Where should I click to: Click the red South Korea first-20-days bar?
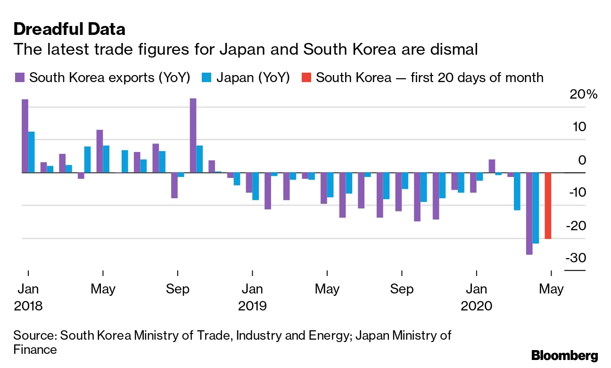(x=548, y=205)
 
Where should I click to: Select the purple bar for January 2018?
(x=25, y=136)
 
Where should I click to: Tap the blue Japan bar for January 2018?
(x=32, y=152)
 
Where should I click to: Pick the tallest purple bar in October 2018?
(x=193, y=135)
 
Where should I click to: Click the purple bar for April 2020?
(x=529, y=213)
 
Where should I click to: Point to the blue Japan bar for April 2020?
(x=536, y=208)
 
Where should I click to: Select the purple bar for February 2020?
(x=492, y=166)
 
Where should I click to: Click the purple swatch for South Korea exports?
(x=19, y=77)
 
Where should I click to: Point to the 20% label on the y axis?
(x=584, y=94)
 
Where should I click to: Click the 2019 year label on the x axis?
(x=252, y=306)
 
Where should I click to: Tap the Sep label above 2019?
(x=402, y=289)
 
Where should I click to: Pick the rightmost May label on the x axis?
(x=551, y=289)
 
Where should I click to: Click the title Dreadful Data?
(x=69, y=29)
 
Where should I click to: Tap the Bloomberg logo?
(x=564, y=355)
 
